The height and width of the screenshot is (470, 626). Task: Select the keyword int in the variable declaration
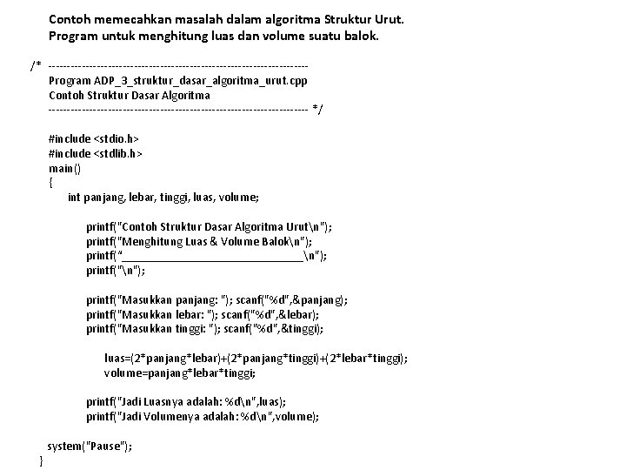click(74, 198)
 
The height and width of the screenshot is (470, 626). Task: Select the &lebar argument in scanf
click(297, 314)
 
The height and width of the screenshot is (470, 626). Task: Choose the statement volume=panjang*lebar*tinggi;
click(180, 373)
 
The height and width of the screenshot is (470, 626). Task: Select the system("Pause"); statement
click(90, 446)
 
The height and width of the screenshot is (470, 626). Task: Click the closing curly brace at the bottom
click(42, 460)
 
